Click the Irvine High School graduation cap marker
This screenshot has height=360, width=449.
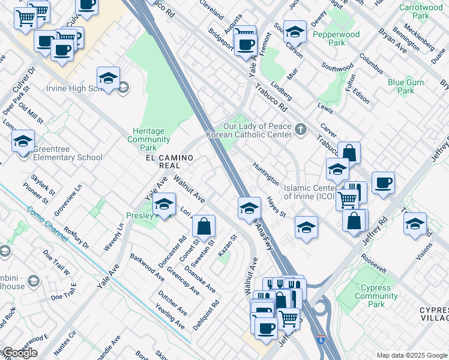click(108, 79)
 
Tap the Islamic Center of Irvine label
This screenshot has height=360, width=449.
click(310, 192)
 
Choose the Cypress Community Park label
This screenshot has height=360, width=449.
click(376, 296)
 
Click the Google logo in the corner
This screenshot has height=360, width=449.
click(20, 353)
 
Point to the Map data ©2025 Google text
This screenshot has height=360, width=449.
click(412, 355)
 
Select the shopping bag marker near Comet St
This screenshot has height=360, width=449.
click(204, 227)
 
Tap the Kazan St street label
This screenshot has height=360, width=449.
click(228, 247)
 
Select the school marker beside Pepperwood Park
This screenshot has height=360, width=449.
click(295, 31)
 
